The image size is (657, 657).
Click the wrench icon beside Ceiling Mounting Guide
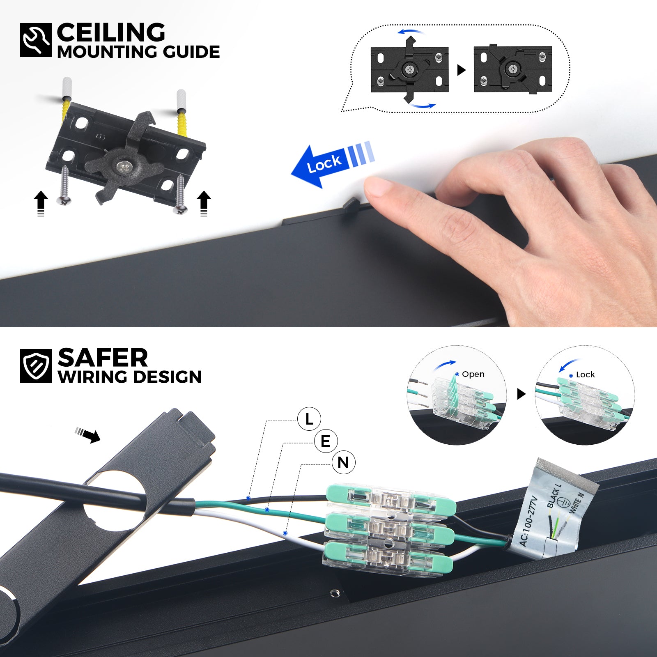tap(36, 40)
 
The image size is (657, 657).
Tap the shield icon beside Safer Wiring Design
tap(36, 365)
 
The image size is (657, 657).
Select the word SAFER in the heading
tap(103, 358)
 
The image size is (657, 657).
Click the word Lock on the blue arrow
tap(324, 163)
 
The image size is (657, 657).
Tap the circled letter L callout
tap(309, 419)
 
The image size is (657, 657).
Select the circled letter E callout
tap(326, 441)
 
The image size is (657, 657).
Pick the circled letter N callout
tap(343, 462)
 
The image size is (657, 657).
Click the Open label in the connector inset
tap(473, 374)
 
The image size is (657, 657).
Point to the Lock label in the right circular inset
tap(585, 374)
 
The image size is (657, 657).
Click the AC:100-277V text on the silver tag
tap(528, 521)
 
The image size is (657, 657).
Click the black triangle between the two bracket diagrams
tap(462, 70)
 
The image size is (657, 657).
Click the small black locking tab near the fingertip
tap(350, 204)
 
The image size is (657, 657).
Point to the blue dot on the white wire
tap(285, 533)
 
